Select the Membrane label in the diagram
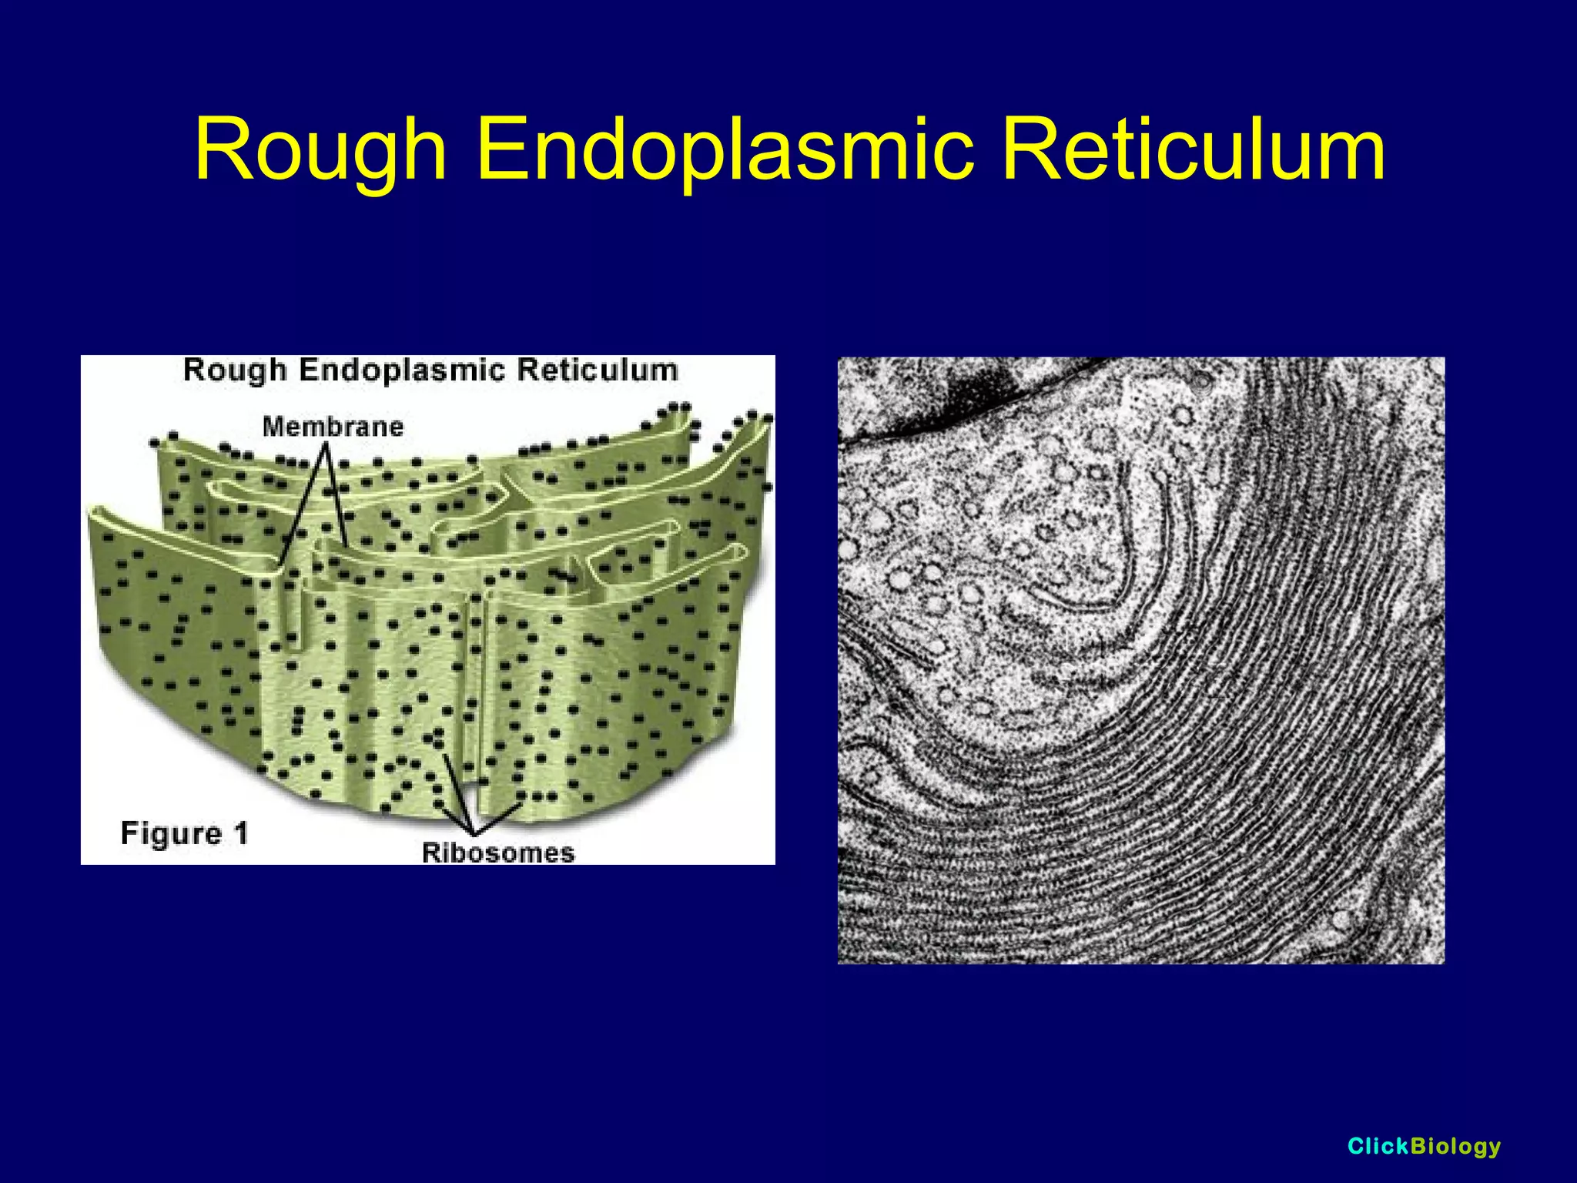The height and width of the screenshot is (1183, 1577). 333,426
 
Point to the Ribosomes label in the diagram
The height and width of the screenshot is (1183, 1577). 498,853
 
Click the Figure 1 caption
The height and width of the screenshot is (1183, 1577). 185,833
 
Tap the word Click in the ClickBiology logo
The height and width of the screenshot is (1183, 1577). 1378,1146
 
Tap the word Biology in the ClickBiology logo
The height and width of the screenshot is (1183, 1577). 1455,1147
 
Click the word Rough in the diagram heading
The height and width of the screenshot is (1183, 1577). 235,370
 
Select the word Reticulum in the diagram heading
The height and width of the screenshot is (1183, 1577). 598,370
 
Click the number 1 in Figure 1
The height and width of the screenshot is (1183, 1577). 241,833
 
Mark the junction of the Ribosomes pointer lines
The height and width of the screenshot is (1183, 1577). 473,833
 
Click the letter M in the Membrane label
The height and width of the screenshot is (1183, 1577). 272,426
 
